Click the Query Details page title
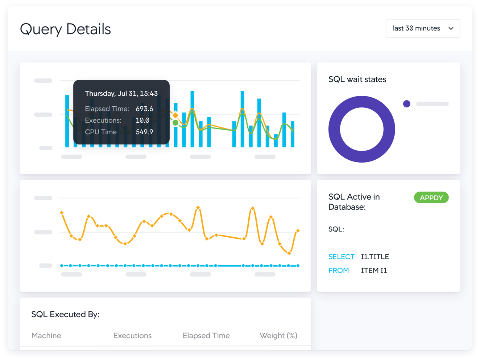pyautogui.click(x=65, y=29)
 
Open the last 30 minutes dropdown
pyautogui.click(x=417, y=28)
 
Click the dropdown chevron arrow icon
pyautogui.click(x=451, y=28)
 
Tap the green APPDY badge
pyautogui.click(x=431, y=198)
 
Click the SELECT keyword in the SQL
pyautogui.click(x=341, y=257)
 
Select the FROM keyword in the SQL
pyautogui.click(x=339, y=270)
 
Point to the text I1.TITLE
pyautogui.click(x=375, y=257)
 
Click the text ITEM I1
pyautogui.click(x=374, y=270)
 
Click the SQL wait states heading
pyautogui.click(x=357, y=79)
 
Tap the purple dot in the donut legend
pyautogui.click(x=407, y=104)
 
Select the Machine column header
pyautogui.click(x=46, y=335)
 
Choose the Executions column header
pyautogui.click(x=132, y=335)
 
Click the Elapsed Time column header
pyautogui.click(x=206, y=335)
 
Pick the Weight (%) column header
pyautogui.click(x=278, y=335)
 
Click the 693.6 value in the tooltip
pyautogui.click(x=144, y=109)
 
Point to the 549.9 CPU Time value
pyautogui.click(x=144, y=132)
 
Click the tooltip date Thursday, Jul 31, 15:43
pyautogui.click(x=121, y=93)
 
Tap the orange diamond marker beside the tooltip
pyautogui.click(x=175, y=115)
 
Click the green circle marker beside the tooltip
pyautogui.click(x=175, y=123)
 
